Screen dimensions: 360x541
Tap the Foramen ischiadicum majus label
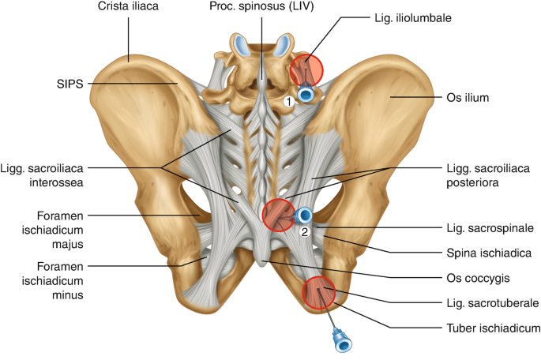tap(53, 227)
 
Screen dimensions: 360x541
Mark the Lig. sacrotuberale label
tap(491, 302)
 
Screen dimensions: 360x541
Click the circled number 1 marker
tap(289, 100)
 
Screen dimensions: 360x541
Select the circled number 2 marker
tap(304, 232)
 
